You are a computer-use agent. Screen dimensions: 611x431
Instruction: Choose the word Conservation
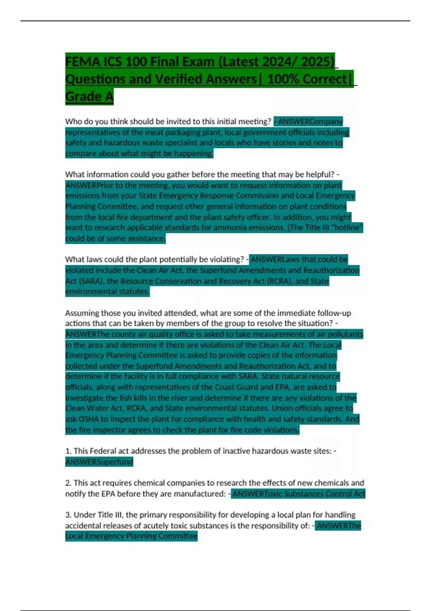174,281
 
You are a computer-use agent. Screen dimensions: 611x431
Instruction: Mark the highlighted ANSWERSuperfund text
99,462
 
